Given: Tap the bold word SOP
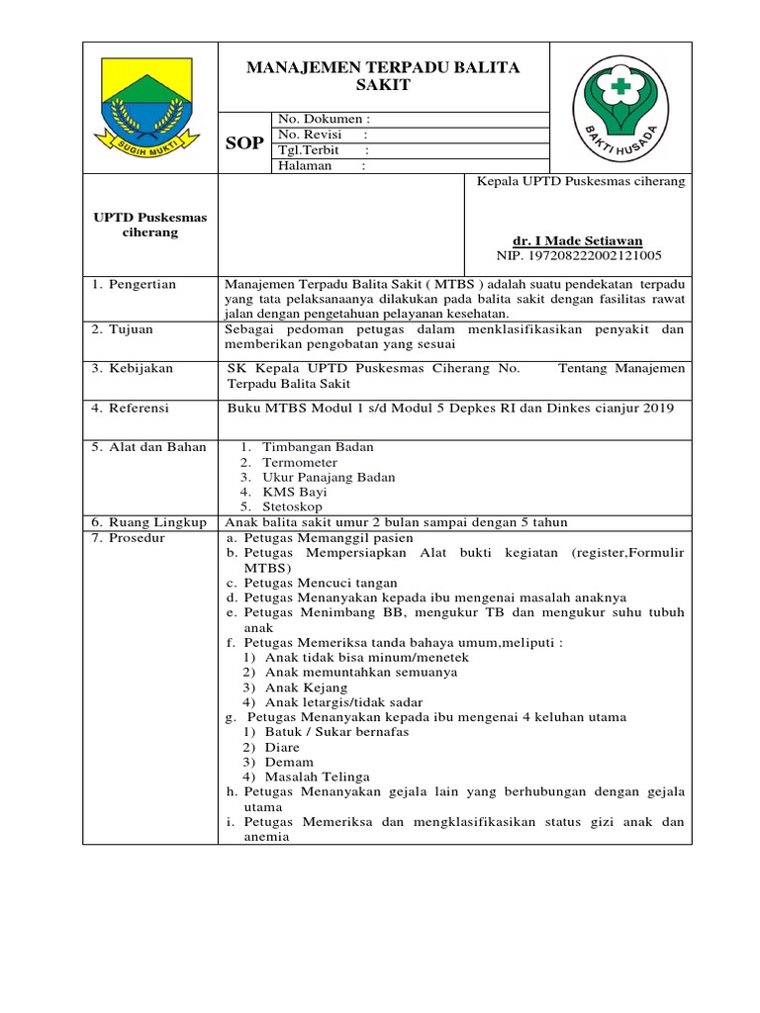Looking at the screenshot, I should pyautogui.click(x=244, y=143).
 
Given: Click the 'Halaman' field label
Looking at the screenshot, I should pyautogui.click(x=304, y=166).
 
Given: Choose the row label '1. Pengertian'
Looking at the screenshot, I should pyautogui.click(x=134, y=285).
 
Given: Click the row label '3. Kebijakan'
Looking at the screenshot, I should pyautogui.click(x=133, y=368).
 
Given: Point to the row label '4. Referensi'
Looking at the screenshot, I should pyautogui.click(x=132, y=408).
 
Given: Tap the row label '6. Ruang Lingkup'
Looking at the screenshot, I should pyautogui.click(x=148, y=522).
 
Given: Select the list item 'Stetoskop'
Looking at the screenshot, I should pyautogui.click(x=293, y=506).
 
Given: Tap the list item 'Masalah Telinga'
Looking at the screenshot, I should pyautogui.click(x=317, y=778).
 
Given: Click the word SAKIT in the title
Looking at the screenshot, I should pyautogui.click(x=382, y=86).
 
